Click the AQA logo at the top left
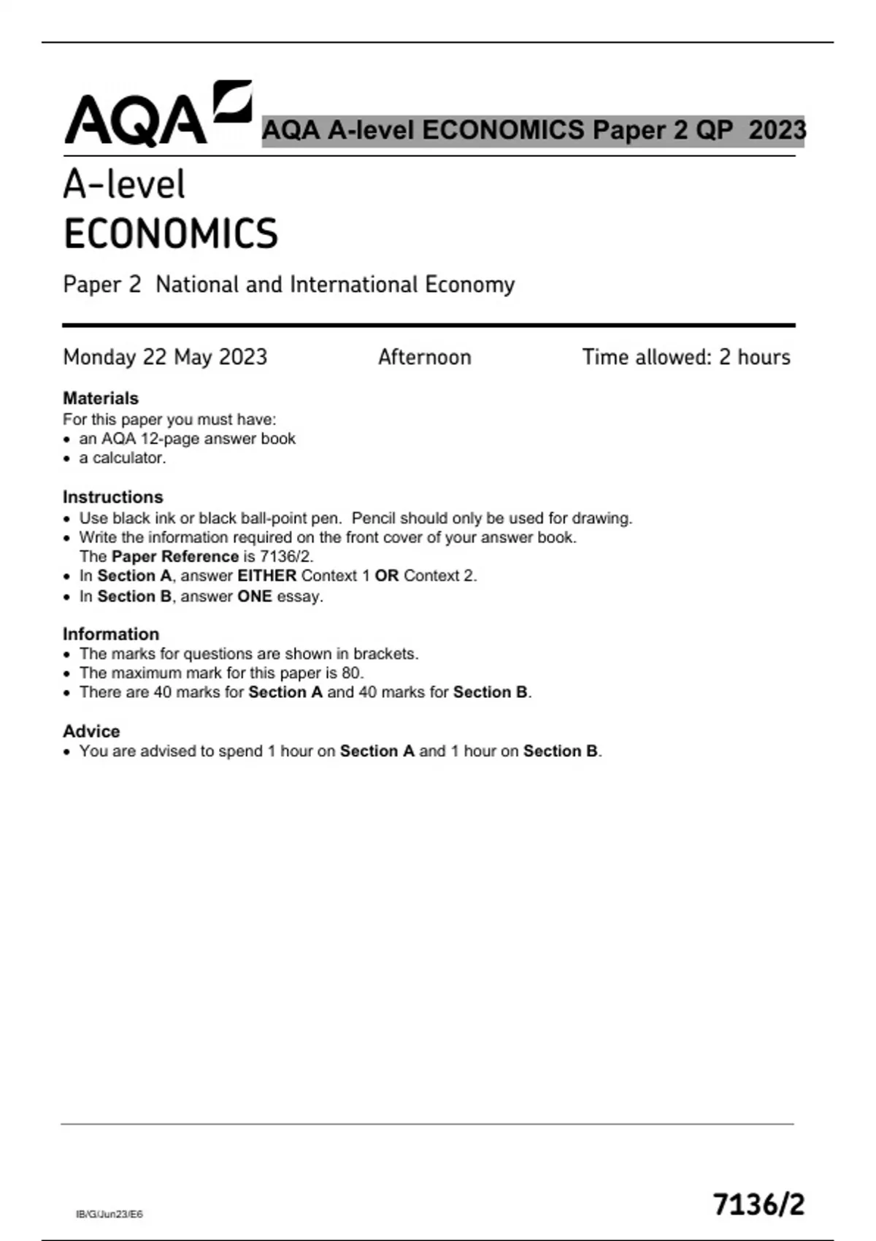pyautogui.click(x=157, y=115)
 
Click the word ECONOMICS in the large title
pyautogui.click(x=171, y=234)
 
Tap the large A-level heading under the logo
pyautogui.click(x=124, y=184)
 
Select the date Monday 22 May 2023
pyautogui.click(x=165, y=357)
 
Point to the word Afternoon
pyautogui.click(x=424, y=357)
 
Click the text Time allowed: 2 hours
pyautogui.click(x=685, y=357)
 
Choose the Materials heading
pyautogui.click(x=101, y=398)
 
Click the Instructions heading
pyautogui.click(x=112, y=496)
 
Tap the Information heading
pyautogui.click(x=111, y=634)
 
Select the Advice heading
pyautogui.click(x=91, y=731)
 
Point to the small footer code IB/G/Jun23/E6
pyautogui.click(x=109, y=1214)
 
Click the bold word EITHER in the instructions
pyautogui.click(x=266, y=575)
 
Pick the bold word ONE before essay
pyautogui.click(x=254, y=596)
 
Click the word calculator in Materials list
pyautogui.click(x=128, y=458)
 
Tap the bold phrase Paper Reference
pyautogui.click(x=175, y=556)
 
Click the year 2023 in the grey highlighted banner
pyautogui.click(x=777, y=130)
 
